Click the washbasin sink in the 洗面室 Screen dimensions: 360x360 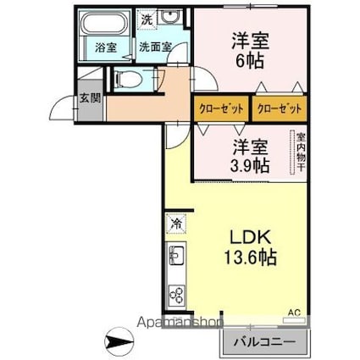coord(173,18)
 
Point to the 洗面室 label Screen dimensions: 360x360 coord(156,48)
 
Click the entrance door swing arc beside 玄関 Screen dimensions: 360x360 coord(61,108)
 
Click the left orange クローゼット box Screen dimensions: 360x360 coord(223,109)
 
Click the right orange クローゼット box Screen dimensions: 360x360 coord(280,109)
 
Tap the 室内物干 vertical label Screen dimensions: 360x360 coord(300,152)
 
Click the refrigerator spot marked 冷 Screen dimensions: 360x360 coord(175,224)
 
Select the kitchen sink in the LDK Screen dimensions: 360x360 coord(178,257)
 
